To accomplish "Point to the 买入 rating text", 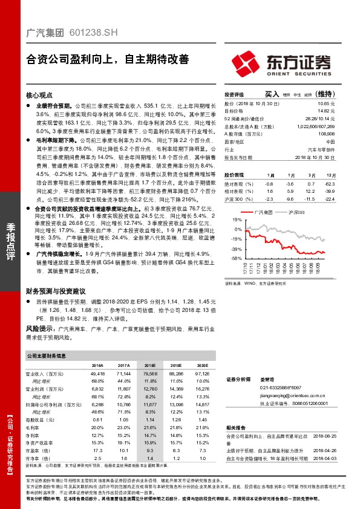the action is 272,94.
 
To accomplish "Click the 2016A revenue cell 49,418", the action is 97,375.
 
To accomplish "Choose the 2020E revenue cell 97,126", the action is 201,375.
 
